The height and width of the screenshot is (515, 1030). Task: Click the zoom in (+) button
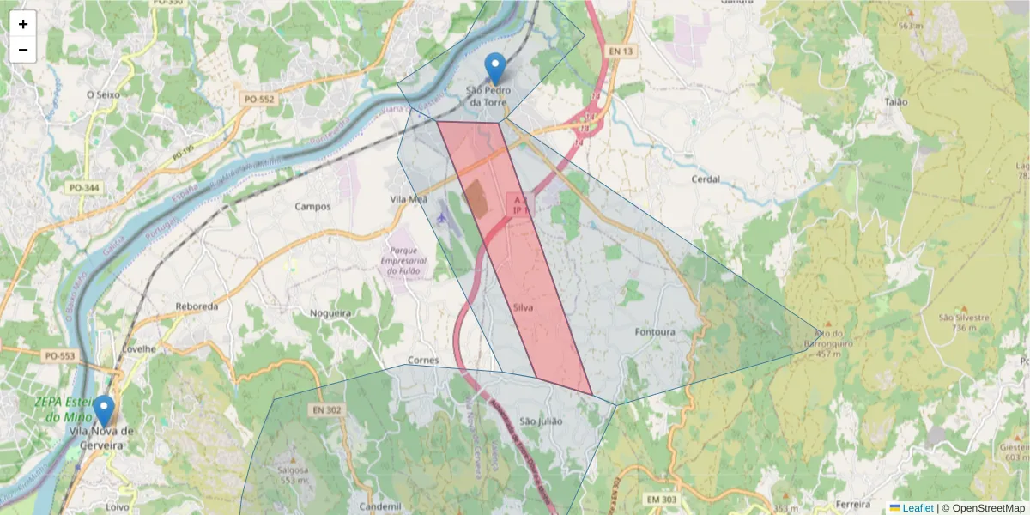coord(23,24)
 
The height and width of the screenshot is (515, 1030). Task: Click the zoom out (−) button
coord(23,50)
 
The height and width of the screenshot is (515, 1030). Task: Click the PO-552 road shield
coord(258,100)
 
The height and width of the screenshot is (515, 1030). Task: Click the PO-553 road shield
coord(60,355)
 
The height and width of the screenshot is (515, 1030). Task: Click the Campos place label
coord(312,206)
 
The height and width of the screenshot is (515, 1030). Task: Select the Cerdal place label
coord(706,179)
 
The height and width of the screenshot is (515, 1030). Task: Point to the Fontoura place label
coord(655,332)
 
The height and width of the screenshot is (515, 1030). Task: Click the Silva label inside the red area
coord(524,306)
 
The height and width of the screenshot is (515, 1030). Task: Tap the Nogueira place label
coord(330,313)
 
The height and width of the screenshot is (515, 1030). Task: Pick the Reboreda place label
coord(197,306)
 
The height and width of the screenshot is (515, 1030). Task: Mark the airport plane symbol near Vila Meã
coord(442,217)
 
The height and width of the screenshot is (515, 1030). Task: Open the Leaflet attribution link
coord(917,508)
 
